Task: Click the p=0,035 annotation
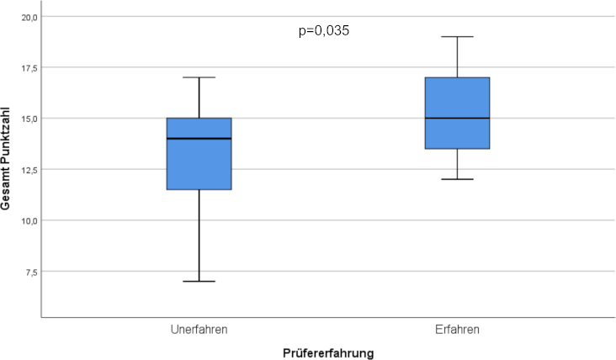click(324, 31)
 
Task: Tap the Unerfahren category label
click(199, 328)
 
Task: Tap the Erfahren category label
click(458, 328)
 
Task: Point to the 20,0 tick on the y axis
click(27, 17)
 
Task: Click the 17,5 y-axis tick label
click(27, 67)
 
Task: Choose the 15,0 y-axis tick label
click(27, 119)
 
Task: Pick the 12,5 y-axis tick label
click(27, 169)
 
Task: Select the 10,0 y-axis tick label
click(27, 220)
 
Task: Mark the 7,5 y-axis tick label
click(29, 272)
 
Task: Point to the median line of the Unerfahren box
click(199, 138)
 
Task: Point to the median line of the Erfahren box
click(458, 118)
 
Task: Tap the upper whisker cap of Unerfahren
click(199, 77)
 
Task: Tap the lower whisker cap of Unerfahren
click(199, 281)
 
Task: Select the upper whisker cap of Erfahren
click(458, 37)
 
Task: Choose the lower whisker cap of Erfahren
click(458, 179)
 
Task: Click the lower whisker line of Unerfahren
click(199, 236)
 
